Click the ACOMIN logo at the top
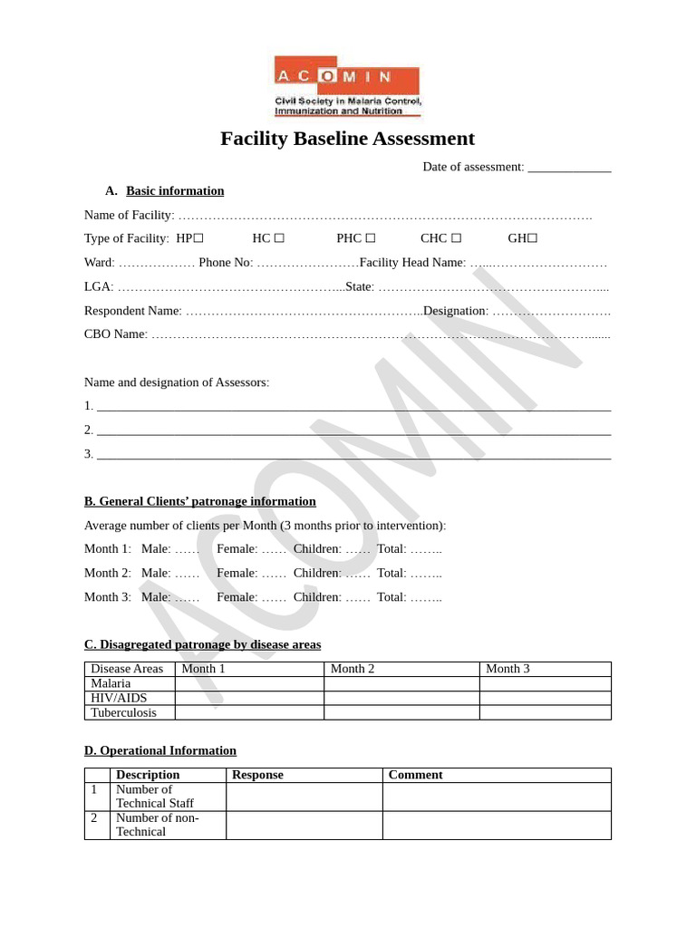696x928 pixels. click(348, 86)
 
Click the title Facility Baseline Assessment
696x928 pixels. click(348, 139)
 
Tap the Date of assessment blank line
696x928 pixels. click(569, 168)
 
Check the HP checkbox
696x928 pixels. click(198, 238)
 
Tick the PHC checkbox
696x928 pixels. click(370, 238)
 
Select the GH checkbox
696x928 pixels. click(533, 238)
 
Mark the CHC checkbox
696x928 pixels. click(456, 238)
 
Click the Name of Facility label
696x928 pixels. click(129, 215)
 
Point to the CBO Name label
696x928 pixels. click(115, 334)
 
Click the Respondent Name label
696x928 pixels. click(132, 311)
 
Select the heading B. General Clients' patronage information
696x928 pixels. click(200, 501)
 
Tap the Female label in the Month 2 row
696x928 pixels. click(237, 573)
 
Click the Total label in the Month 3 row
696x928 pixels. click(391, 597)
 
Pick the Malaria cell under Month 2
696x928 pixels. click(401, 683)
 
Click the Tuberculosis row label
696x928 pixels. click(123, 712)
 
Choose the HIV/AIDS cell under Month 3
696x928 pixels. click(545, 698)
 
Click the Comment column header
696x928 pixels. click(415, 775)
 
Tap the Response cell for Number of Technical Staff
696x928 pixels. click(304, 797)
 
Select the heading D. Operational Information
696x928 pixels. click(160, 750)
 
